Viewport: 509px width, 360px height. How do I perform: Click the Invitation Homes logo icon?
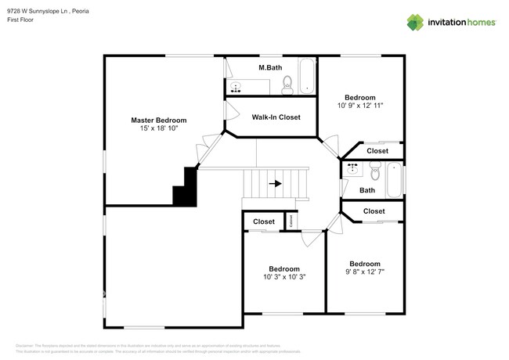click(414, 21)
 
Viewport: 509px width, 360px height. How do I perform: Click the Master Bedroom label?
click(158, 120)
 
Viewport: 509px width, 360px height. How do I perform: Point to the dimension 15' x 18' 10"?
click(159, 128)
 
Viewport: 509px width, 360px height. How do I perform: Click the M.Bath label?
click(270, 68)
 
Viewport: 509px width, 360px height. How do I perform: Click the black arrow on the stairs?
click(275, 184)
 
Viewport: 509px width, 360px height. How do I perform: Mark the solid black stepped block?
click(186, 188)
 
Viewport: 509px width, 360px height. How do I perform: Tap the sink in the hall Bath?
click(352, 167)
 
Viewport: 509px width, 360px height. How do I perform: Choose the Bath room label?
click(366, 190)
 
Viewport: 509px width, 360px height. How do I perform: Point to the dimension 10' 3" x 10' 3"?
click(284, 277)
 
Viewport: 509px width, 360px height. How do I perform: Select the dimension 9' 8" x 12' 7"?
click(365, 272)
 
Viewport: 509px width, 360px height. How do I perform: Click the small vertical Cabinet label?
click(291, 221)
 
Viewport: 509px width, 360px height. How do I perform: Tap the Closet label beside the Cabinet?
click(263, 222)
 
